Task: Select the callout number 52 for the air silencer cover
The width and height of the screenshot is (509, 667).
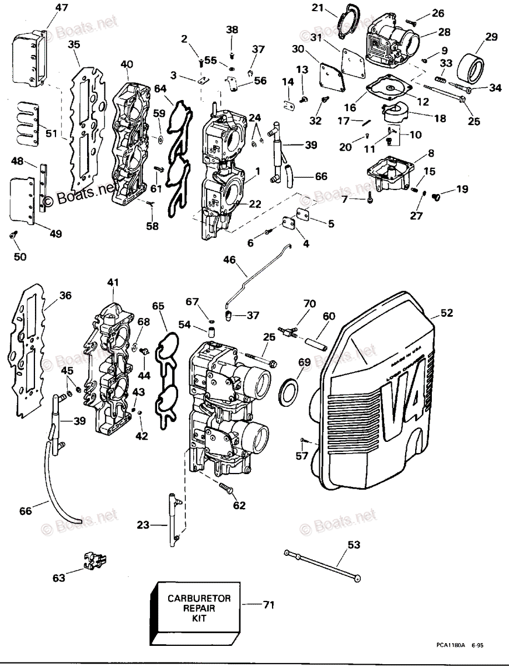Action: (447, 313)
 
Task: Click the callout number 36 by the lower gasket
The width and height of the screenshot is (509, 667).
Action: (65, 296)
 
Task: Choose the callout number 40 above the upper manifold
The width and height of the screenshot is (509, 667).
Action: (126, 64)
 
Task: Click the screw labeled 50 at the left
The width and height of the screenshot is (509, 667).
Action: (13, 236)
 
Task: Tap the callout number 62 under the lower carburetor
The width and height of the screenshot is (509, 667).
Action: (239, 505)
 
